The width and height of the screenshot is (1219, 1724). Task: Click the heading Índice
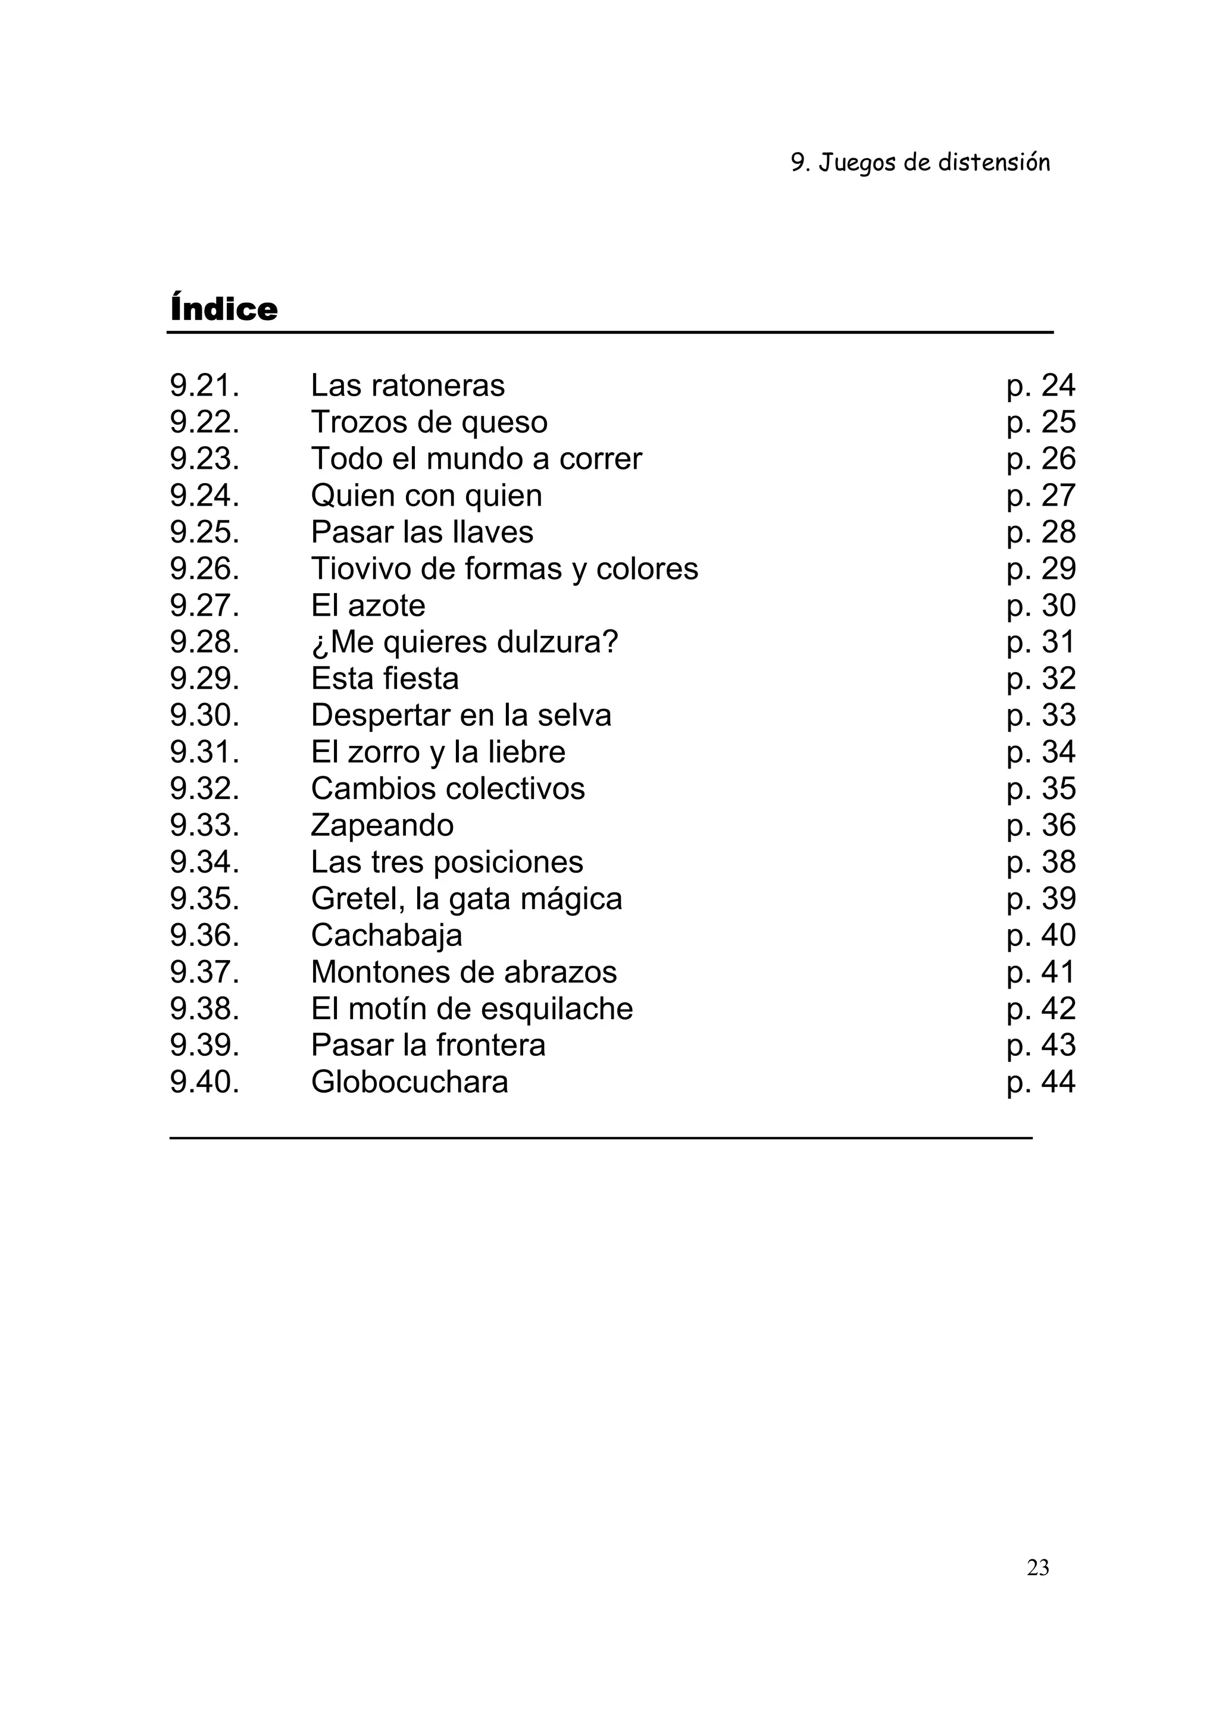pos(224,309)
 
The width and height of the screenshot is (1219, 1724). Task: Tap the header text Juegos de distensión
pos(920,163)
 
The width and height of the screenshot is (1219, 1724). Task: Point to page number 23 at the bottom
pos(1037,1568)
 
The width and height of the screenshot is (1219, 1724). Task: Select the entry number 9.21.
pos(204,386)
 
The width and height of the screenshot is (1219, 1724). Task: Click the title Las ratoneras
pos(408,386)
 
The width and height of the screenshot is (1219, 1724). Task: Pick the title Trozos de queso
pos(429,422)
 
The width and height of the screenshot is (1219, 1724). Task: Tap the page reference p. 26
pos(1041,459)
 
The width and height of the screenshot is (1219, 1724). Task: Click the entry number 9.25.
pos(204,532)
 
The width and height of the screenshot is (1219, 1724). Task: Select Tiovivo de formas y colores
pos(504,569)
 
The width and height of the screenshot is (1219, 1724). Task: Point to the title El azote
pos(368,606)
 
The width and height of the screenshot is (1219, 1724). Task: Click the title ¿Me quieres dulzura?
pos(464,642)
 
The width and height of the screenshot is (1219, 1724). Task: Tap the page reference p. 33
pos(1041,716)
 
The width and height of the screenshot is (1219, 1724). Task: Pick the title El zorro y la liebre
pos(438,753)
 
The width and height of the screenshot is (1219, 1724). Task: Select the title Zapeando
pos(382,826)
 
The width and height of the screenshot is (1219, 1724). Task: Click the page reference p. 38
pos(1041,862)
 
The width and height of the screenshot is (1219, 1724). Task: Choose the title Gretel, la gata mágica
pos(467,899)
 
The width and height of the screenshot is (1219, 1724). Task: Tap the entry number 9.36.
pos(204,936)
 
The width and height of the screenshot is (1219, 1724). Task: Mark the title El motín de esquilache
pos(471,1009)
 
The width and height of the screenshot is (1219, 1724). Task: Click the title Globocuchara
pos(410,1083)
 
